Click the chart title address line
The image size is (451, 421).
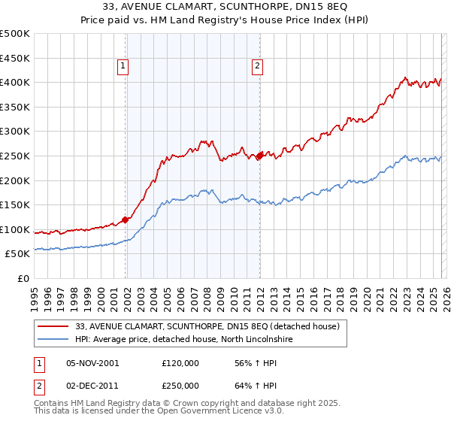tap(225, 8)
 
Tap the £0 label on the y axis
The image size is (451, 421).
tap(23, 278)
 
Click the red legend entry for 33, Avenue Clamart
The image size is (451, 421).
tap(207, 326)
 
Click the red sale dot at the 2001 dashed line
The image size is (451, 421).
tap(126, 220)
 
